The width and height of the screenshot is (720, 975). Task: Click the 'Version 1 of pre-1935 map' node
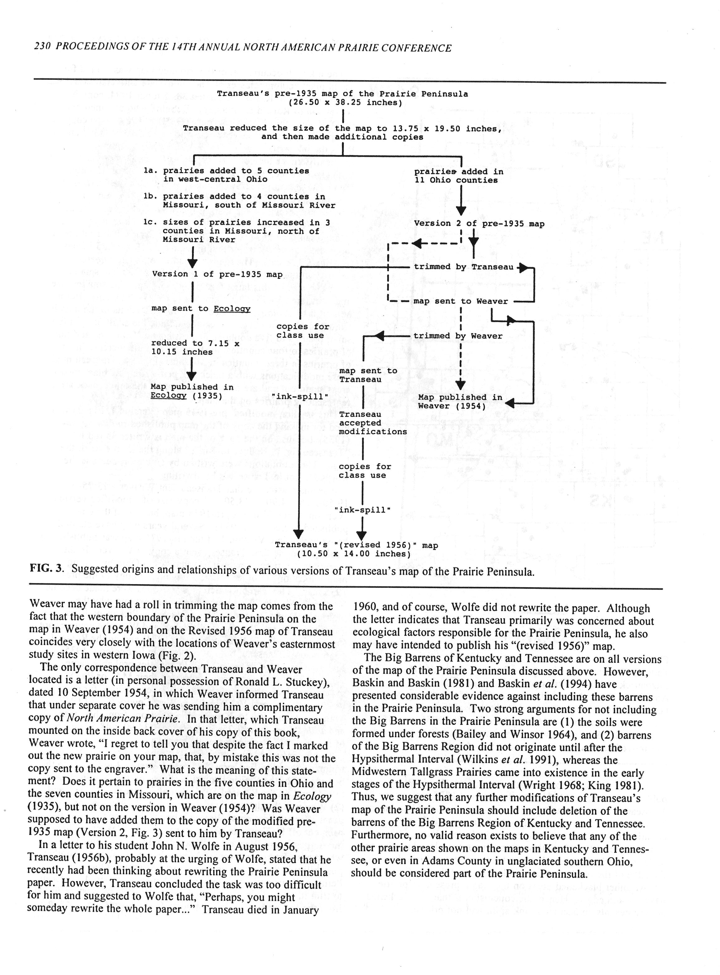point(217,274)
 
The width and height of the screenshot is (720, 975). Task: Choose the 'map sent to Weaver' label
point(460,301)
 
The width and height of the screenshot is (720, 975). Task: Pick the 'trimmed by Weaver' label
point(458,336)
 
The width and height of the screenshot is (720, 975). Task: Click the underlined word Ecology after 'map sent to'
point(232,309)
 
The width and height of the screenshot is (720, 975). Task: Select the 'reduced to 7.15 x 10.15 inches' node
point(195,348)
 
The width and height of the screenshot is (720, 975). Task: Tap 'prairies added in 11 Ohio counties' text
point(458,175)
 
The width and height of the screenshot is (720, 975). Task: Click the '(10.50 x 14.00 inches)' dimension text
point(353,554)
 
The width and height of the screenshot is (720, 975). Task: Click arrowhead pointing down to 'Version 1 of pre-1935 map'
point(193,263)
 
